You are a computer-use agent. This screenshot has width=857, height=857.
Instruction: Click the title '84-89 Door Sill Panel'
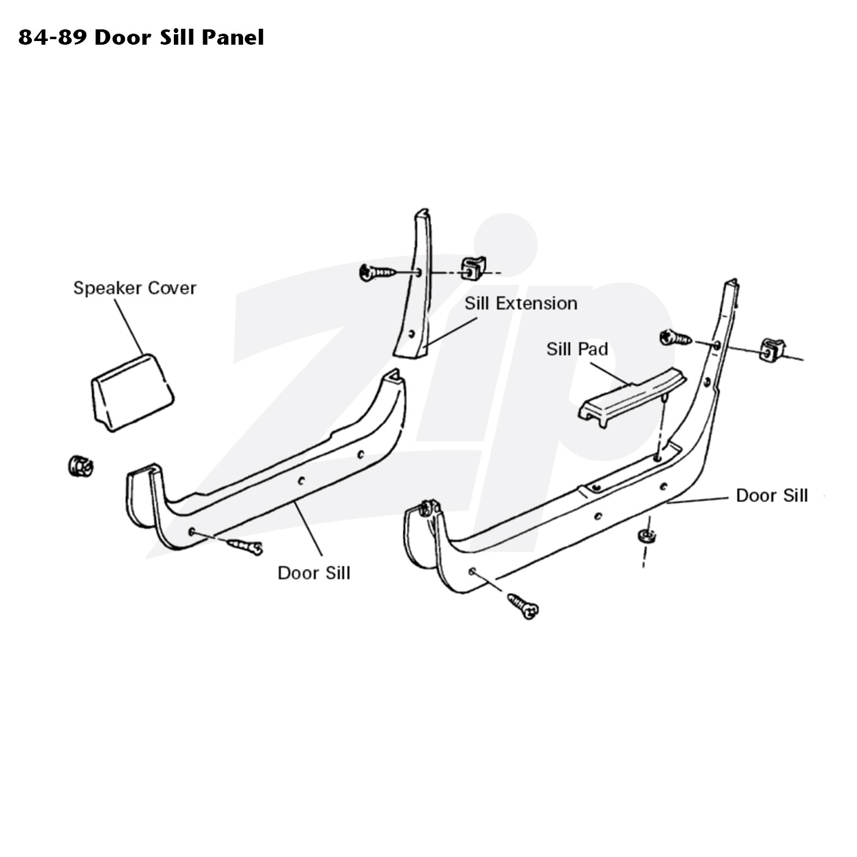[141, 37]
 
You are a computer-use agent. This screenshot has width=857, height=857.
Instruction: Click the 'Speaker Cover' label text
[135, 288]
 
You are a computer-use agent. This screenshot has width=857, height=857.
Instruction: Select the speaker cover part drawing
[133, 392]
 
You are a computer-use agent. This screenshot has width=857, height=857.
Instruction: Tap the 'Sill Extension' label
[521, 303]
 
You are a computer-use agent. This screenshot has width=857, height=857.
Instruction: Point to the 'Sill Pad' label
[577, 349]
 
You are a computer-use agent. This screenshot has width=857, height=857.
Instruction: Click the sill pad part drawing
[632, 397]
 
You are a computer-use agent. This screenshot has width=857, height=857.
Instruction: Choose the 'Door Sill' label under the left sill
[313, 573]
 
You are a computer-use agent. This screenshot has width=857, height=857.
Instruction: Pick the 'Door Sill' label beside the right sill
[772, 495]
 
